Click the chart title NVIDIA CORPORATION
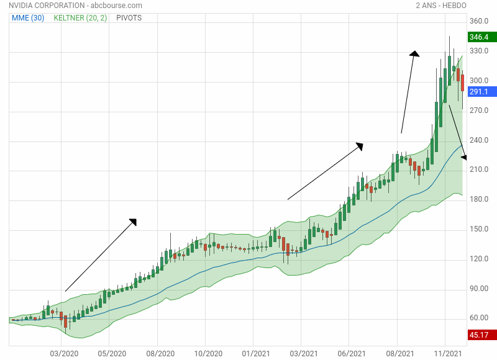(x=44, y=6)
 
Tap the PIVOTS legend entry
(x=129, y=18)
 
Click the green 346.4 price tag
(x=478, y=38)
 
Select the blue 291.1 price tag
(x=478, y=92)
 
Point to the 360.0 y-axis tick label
(x=479, y=21)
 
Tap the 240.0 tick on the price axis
(x=479, y=140)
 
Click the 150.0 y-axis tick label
(x=479, y=229)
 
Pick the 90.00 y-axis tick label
(x=479, y=289)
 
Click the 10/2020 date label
(x=209, y=354)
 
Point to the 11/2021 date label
(x=445, y=354)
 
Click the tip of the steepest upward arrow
(x=414, y=53)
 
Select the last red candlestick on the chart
(x=463, y=83)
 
